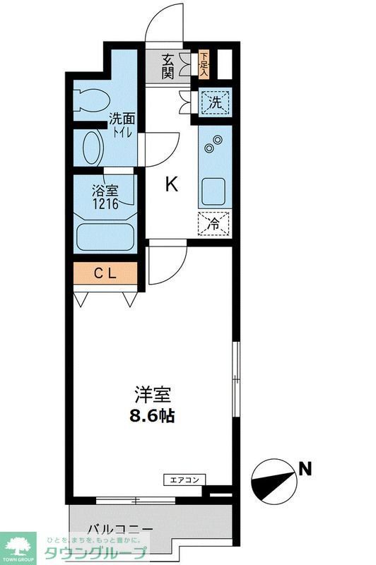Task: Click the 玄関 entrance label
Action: [168, 66]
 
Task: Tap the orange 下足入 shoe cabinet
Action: [204, 65]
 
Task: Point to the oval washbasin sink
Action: [93, 148]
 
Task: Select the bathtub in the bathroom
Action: [106, 237]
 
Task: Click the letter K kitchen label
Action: [171, 185]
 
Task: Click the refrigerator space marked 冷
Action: [213, 225]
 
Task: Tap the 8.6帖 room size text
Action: [152, 415]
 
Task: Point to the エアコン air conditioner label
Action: [185, 480]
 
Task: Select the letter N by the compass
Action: [305, 467]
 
